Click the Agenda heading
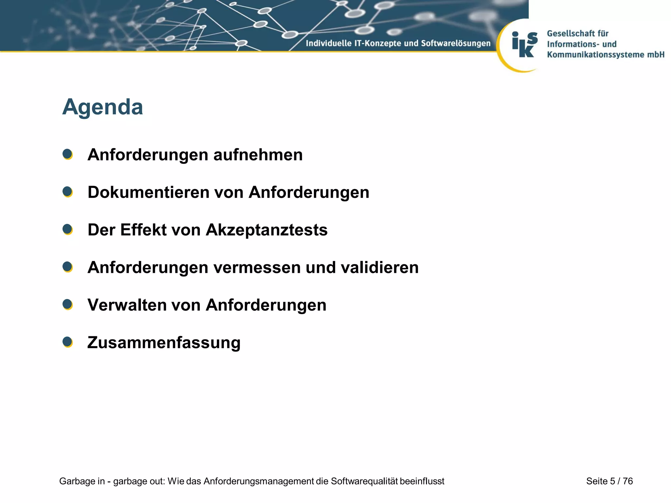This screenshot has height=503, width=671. (x=103, y=107)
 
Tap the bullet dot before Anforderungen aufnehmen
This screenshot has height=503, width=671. (x=67, y=154)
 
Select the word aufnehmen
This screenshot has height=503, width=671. (x=258, y=155)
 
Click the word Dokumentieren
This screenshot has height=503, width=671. (x=148, y=192)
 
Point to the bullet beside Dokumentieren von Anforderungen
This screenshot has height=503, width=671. (x=67, y=192)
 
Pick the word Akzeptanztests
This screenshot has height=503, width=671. (x=266, y=230)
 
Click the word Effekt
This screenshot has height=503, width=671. (x=144, y=230)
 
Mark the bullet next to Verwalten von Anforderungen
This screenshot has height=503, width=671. (x=67, y=305)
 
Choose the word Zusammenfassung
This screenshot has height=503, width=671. (x=164, y=343)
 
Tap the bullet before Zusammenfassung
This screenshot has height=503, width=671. (x=67, y=342)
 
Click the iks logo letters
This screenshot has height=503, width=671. (x=525, y=45)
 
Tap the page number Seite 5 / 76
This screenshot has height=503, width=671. (x=609, y=481)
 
